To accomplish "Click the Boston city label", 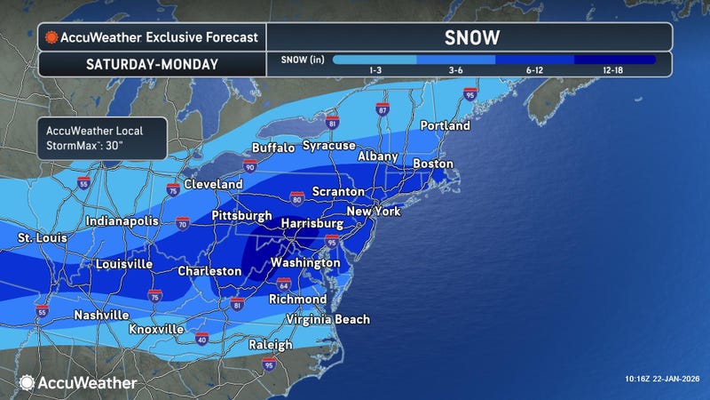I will tap(433, 164).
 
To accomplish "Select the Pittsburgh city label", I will tap(241, 216).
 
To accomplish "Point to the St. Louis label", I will tap(42, 239).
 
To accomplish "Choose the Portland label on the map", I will tap(445, 126).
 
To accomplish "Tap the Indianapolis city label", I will tap(122, 221).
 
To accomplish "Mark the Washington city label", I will tap(305, 264).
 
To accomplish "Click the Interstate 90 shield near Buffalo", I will tap(250, 166).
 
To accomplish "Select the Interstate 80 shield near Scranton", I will tap(296, 196).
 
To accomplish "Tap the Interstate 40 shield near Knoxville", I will tap(201, 339).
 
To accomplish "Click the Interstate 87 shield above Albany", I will tap(382, 108).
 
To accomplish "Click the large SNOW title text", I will tap(469, 37).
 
